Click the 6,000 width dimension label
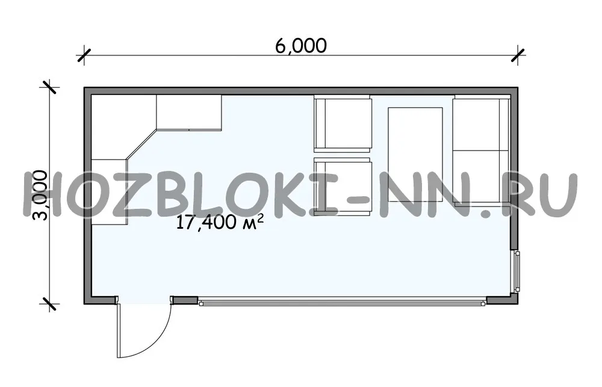pos(301,46)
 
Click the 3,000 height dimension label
pos(40,196)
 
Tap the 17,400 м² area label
pos(220,222)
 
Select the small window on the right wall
pos(517,271)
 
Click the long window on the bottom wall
pos(343,303)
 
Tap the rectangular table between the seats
pos(415,155)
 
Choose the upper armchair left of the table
pos(343,124)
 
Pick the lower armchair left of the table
pos(343,186)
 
